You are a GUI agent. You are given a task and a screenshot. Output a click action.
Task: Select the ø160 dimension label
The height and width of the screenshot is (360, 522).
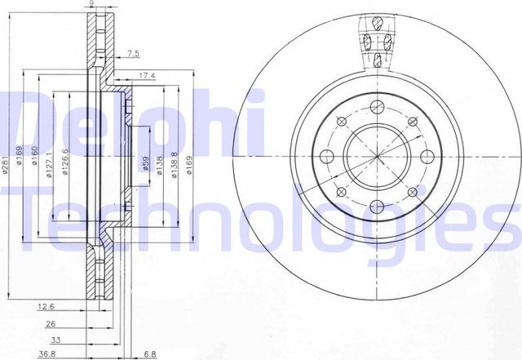[x=36, y=156]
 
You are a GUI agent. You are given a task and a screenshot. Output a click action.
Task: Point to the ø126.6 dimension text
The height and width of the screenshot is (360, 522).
[x=65, y=161]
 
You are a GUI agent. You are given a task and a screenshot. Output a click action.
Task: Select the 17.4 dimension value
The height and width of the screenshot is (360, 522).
[x=147, y=76]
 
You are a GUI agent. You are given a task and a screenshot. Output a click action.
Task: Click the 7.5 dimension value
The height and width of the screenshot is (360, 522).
[x=134, y=55]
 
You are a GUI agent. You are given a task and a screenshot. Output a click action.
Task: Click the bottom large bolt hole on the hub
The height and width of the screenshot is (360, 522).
[x=376, y=207]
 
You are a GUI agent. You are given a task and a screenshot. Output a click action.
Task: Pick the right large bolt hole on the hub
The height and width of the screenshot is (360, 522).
[x=427, y=157]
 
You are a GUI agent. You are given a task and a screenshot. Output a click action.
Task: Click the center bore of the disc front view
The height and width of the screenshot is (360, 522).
[x=376, y=157]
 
